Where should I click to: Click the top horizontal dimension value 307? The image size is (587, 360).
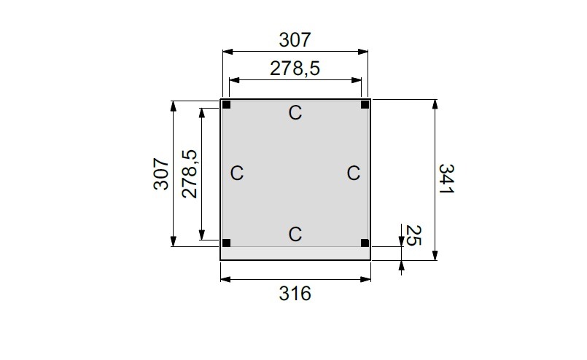(x=295, y=40)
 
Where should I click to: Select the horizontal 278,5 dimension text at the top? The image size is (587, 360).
(x=295, y=69)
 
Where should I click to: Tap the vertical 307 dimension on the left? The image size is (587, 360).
(x=161, y=173)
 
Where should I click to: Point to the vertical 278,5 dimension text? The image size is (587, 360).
(x=190, y=173)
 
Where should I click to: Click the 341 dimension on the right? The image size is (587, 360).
(x=446, y=179)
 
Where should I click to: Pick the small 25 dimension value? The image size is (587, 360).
(x=413, y=235)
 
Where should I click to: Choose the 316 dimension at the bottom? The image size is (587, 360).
(x=295, y=294)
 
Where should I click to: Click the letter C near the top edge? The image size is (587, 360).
(x=295, y=113)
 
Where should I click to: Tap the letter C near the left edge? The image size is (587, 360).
(x=236, y=173)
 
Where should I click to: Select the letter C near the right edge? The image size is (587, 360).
(x=354, y=173)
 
